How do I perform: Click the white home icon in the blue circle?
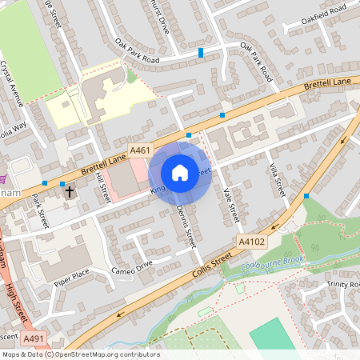180,172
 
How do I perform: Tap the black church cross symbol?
69,192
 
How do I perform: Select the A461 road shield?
141,149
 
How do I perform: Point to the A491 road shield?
34,340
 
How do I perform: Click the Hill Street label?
102,189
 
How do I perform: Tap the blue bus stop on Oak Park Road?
200,53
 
